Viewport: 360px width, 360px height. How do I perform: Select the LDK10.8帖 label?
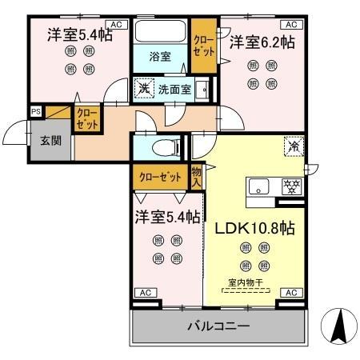pos(255,228)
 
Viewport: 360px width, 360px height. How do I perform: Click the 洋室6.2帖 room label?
pos(261,41)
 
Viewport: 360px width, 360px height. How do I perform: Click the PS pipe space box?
pos(36,112)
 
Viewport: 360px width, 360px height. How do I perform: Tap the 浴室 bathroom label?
pos(161,56)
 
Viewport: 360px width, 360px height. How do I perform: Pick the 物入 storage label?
pos(196,176)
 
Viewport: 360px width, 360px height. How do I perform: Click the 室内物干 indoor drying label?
pos(246,282)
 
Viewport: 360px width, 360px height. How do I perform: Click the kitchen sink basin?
pos(259,188)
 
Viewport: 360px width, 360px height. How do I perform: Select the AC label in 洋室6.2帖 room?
pos(291,25)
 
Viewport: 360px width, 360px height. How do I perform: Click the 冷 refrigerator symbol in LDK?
pos(294,147)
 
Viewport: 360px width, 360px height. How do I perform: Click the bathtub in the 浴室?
pos(160,33)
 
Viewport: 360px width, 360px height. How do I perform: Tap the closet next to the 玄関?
pos(87,120)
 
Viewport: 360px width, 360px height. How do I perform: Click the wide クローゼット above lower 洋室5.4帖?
pos(160,177)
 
